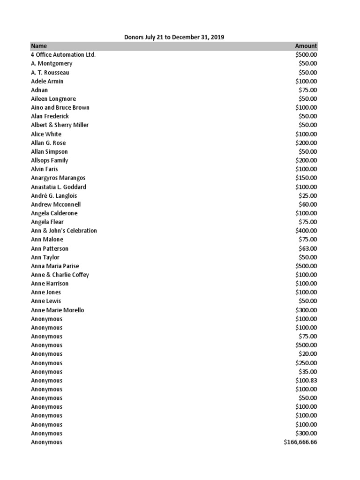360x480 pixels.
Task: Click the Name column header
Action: [39, 46]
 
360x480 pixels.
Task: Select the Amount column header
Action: [306, 46]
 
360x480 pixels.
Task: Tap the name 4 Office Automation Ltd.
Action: [63, 55]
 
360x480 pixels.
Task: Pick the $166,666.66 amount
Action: [300, 442]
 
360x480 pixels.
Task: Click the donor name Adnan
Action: [39, 90]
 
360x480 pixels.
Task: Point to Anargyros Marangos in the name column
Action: [58, 178]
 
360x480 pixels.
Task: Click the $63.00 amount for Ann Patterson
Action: [308, 248]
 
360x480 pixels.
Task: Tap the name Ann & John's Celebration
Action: [64, 231]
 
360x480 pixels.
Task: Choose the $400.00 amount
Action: [306, 231]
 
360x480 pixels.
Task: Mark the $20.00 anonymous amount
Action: [308, 354]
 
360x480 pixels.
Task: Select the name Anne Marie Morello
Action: [58, 310]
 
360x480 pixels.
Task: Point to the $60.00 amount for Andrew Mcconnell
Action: [308, 204]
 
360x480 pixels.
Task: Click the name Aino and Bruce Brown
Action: [60, 108]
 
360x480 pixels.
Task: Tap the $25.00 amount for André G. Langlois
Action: [308, 195]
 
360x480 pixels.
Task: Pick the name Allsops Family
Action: [50, 160]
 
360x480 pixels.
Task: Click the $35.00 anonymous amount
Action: [308, 372]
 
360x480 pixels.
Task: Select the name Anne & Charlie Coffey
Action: [60, 275]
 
